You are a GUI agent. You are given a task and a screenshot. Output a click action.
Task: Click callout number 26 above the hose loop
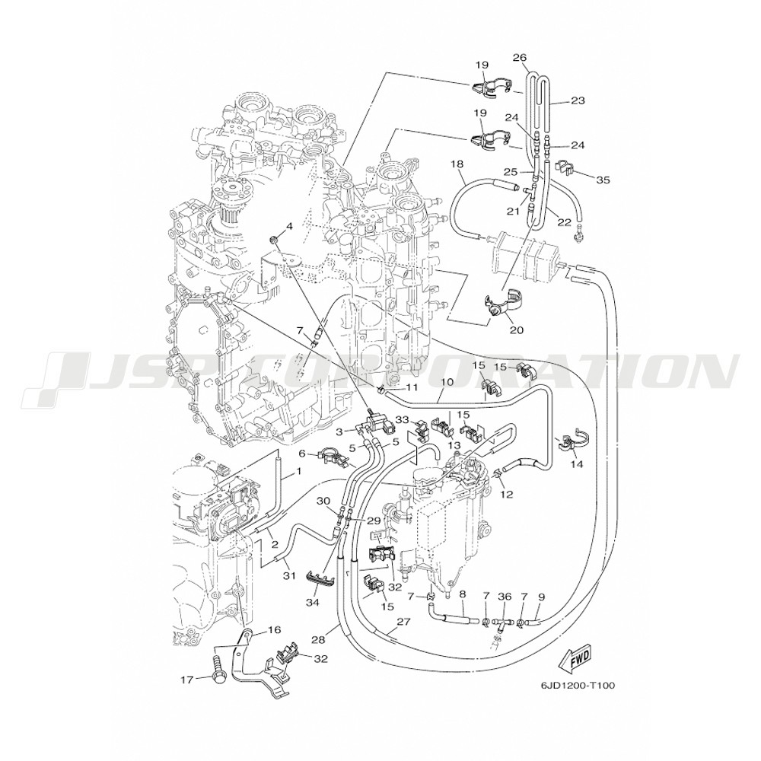coord(520,56)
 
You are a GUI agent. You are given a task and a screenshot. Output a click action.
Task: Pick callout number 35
coord(603,180)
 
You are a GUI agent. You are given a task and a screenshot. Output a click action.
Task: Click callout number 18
coord(456,164)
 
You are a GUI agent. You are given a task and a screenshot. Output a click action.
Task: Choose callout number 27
coord(403,621)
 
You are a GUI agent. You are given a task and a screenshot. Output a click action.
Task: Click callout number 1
coord(298,472)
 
